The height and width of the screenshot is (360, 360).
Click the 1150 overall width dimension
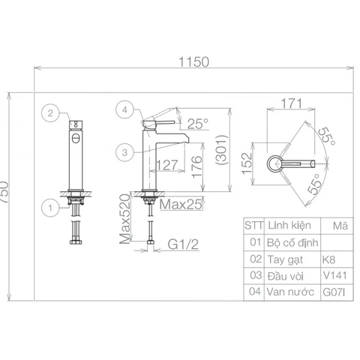coord(193,61)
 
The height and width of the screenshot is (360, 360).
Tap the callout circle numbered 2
coord(50,113)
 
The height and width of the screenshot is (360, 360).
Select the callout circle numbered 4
coord(124,109)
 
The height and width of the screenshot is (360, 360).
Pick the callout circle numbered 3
coord(124,152)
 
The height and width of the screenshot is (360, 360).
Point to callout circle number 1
coord(50,208)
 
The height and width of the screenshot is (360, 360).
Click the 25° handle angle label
coord(198,124)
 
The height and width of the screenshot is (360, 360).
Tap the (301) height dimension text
coord(222,150)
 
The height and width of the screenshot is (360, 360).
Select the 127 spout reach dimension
coord(166,165)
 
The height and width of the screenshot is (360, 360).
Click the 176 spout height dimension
coord(197,166)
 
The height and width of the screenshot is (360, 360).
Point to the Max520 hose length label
coord(125,219)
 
